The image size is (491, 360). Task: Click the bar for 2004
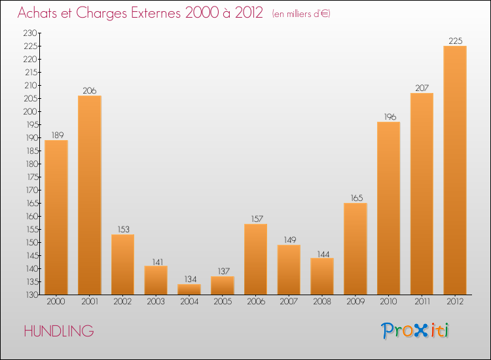[189, 289]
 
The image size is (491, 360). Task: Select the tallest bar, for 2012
[455, 170]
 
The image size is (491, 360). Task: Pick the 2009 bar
[355, 249]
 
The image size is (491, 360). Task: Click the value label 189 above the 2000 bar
[56, 135]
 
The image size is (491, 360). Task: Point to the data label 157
[256, 219]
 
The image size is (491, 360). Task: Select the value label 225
[455, 41]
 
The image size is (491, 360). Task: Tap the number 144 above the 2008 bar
[322, 253]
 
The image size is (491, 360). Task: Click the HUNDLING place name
[58, 331]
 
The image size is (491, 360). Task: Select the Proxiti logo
[416, 331]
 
